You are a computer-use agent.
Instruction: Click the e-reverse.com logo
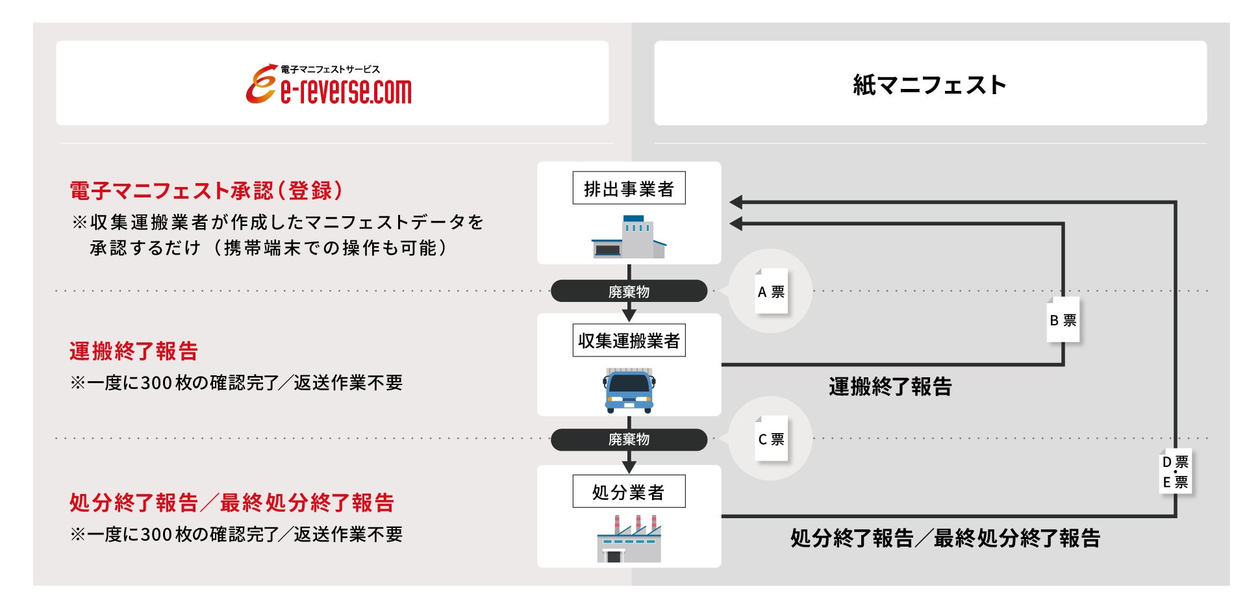click(x=329, y=84)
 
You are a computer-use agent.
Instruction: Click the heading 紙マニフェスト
click(x=929, y=85)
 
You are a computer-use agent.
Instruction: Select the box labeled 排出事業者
click(x=629, y=188)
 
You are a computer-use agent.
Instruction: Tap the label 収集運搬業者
click(x=629, y=341)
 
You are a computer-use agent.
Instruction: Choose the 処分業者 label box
click(x=629, y=492)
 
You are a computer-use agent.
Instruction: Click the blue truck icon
click(x=629, y=391)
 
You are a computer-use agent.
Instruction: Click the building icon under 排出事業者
click(x=629, y=238)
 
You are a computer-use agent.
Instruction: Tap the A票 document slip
click(x=771, y=292)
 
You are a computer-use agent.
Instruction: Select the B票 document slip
click(x=1063, y=320)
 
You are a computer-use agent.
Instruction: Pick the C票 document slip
click(x=771, y=439)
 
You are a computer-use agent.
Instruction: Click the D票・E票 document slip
click(x=1176, y=472)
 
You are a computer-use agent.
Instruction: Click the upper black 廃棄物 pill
click(x=629, y=292)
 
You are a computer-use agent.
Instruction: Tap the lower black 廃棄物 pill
click(x=629, y=440)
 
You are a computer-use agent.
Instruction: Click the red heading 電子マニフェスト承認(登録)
click(x=206, y=191)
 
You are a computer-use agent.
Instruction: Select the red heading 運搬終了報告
click(x=134, y=351)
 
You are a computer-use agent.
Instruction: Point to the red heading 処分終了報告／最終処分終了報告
click(x=232, y=503)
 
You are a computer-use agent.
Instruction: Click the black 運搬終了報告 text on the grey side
click(x=890, y=387)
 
